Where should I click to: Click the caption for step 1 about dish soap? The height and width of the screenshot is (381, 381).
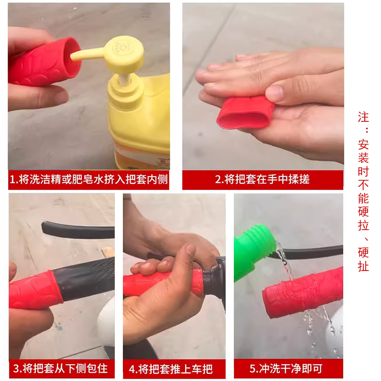tap(89, 180)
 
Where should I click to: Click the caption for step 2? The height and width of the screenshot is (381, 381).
tap(262, 180)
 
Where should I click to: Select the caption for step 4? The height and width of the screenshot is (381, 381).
tap(174, 368)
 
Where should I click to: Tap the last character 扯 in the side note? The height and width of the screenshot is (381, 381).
tap(363, 266)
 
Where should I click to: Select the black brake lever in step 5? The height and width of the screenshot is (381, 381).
tap(314, 252)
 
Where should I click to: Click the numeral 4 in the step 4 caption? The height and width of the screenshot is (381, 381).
tap(132, 369)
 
